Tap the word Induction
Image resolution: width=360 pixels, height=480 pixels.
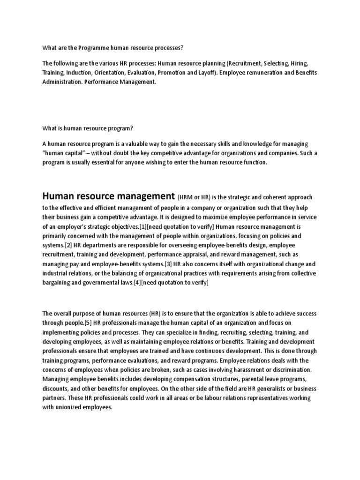point(80,73)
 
